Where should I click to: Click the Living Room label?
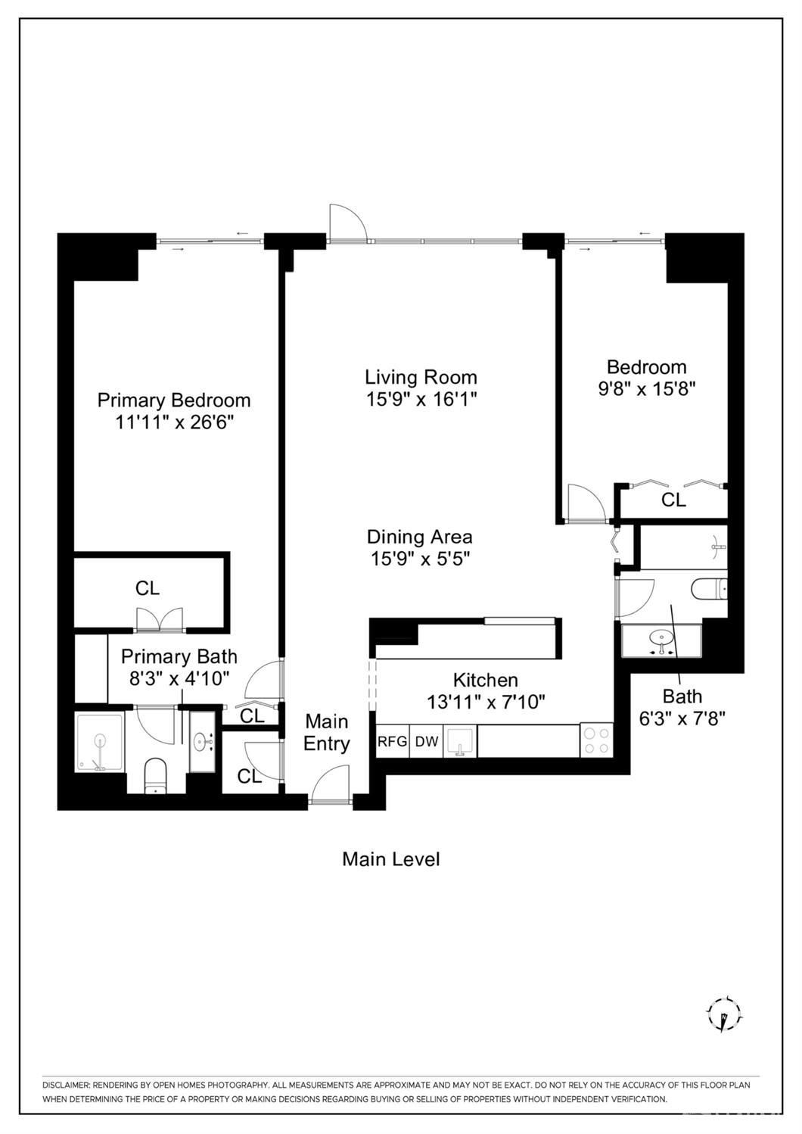(x=421, y=377)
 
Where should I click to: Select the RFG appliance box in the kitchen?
(x=392, y=742)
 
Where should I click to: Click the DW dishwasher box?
(x=426, y=742)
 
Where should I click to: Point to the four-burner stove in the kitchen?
(x=596, y=740)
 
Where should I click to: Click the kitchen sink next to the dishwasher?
(x=460, y=742)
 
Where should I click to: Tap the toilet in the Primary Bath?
(x=156, y=776)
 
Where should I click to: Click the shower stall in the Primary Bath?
(x=100, y=743)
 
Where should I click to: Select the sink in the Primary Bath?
(x=203, y=742)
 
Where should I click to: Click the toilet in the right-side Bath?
(x=709, y=589)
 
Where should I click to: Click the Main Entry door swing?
(x=331, y=784)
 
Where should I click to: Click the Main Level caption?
(x=390, y=858)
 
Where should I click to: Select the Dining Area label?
(x=419, y=537)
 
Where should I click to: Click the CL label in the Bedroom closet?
(x=673, y=500)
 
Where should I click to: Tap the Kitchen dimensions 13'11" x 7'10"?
(x=486, y=703)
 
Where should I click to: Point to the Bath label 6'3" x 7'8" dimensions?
(x=682, y=718)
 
